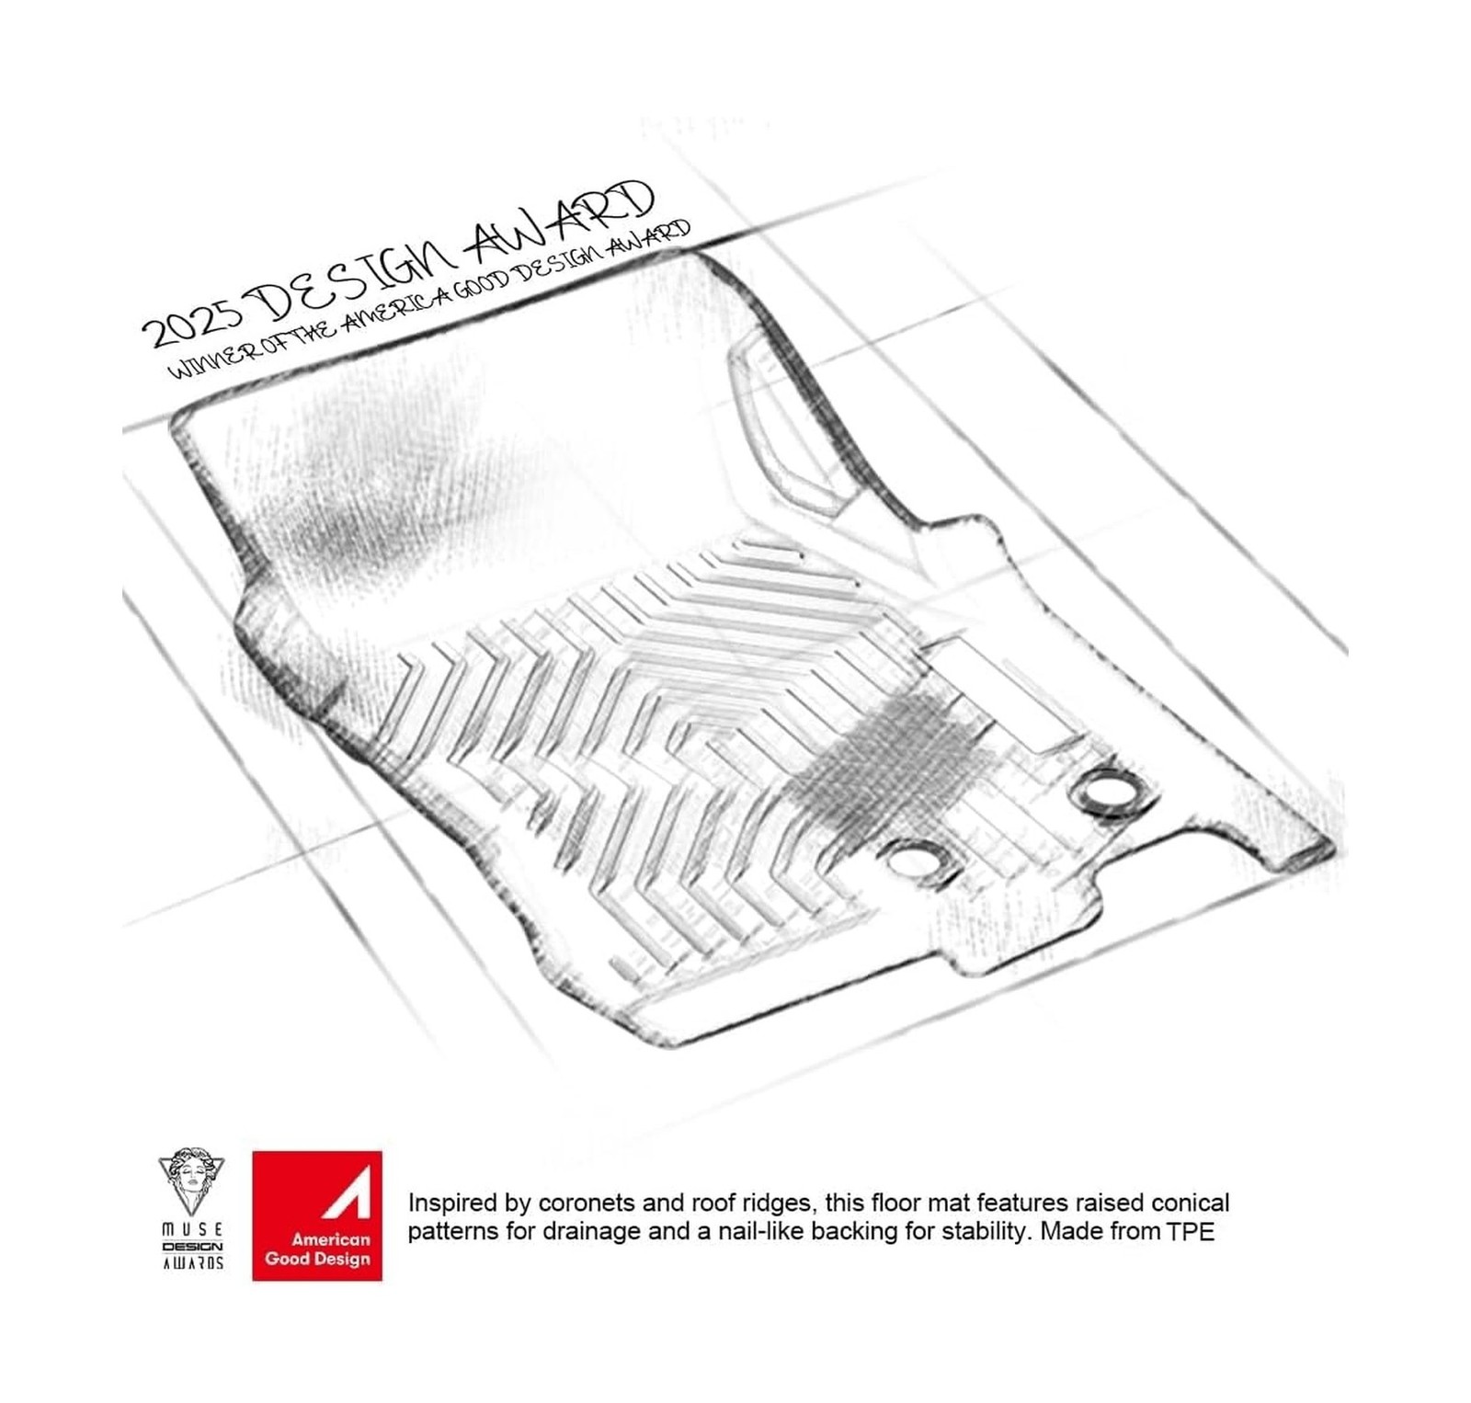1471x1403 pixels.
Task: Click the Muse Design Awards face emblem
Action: (191, 1182)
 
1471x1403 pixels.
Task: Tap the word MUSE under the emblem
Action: (192, 1229)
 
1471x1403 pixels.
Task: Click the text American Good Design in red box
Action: (317, 1249)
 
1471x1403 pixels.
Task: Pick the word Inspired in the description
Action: (444, 1203)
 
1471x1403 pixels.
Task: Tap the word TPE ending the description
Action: (1191, 1232)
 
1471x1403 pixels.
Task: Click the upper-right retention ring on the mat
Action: (1109, 789)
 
